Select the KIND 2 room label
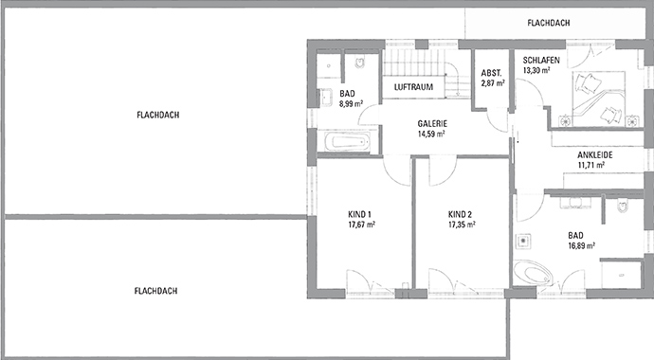point(461,214)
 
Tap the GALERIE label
point(432,123)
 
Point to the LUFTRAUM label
point(413,86)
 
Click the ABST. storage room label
point(492,73)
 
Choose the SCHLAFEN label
point(540,60)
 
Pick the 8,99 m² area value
point(347,105)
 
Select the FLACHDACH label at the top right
point(549,22)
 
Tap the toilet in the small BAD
point(359,63)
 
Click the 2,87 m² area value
point(492,83)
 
